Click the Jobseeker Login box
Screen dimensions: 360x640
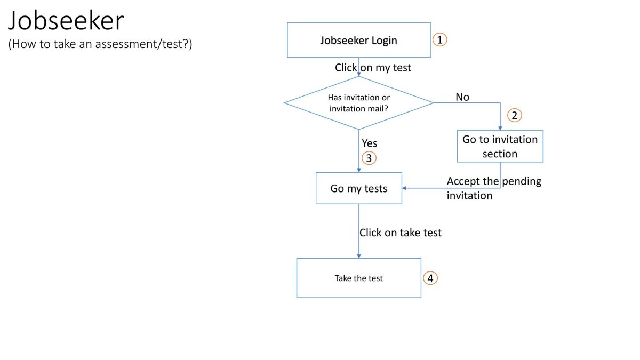coord(358,40)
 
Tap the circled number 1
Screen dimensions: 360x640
coord(439,39)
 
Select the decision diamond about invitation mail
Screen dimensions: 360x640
coord(358,103)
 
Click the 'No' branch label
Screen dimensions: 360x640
coord(462,97)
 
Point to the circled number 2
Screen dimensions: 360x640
coord(514,115)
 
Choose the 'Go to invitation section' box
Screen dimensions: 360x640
coord(500,146)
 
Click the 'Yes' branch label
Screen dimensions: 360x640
coord(370,143)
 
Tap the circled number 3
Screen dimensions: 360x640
coord(369,158)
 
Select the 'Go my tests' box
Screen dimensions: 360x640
coord(358,188)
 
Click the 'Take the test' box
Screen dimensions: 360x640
coord(358,278)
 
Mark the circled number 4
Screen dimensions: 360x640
coord(430,278)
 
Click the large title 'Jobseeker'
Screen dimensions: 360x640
coord(66,21)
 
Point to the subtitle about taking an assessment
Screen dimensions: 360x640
coord(100,44)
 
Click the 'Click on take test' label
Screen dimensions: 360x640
coord(401,233)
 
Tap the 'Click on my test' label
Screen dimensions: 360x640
coord(373,68)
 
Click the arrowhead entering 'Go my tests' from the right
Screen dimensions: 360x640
coord(405,188)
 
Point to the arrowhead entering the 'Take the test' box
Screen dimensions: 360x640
coord(358,256)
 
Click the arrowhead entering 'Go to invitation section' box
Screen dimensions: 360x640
coord(500,128)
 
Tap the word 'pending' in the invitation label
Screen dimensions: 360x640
coord(521,181)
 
